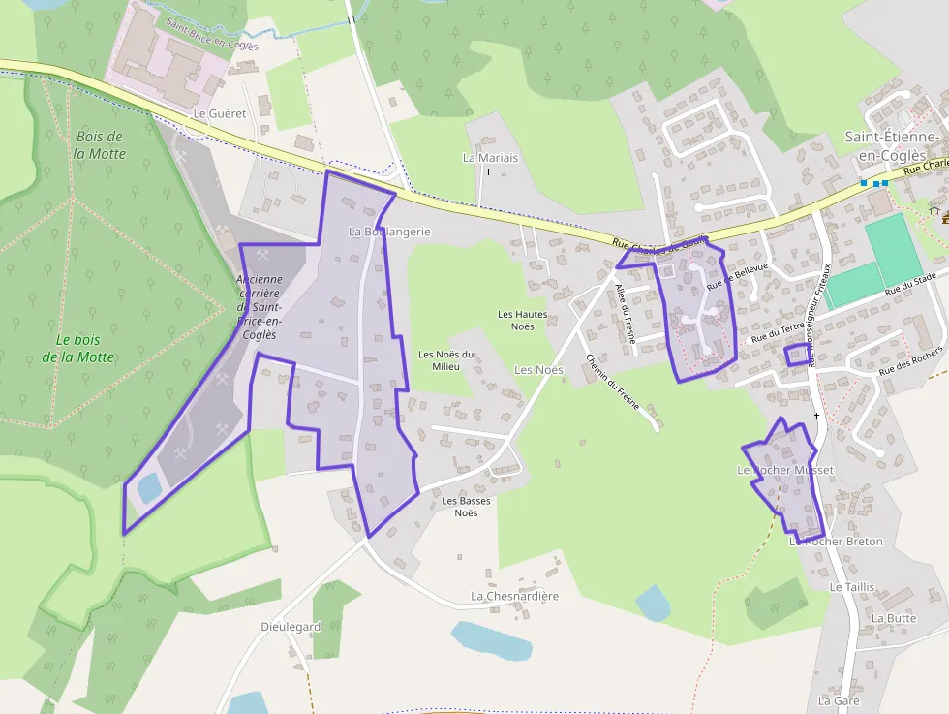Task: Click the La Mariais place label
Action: [490, 157]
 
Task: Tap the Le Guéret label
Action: [220, 113]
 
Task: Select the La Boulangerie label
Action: [389, 232]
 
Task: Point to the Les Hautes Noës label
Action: [522, 321]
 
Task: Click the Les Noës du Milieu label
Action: [446, 360]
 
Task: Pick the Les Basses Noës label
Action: [466, 507]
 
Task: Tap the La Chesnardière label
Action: [514, 596]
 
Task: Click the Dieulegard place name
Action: [291, 627]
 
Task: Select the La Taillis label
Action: [851, 587]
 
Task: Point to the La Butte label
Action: [893, 618]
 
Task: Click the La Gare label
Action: [839, 699]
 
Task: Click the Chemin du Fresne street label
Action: [612, 382]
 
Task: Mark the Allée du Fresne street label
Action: [624, 309]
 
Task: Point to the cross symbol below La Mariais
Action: [489, 172]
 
